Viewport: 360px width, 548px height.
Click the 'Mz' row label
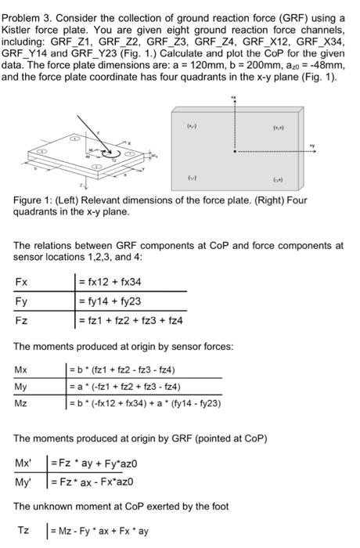point(21,403)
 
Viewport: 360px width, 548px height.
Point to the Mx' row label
point(23,463)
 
